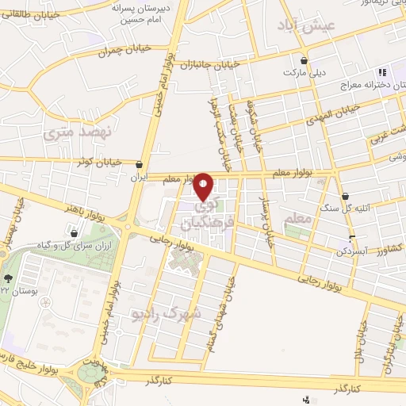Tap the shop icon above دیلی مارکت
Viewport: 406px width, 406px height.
click(x=305, y=59)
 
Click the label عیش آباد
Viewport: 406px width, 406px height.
click(x=308, y=26)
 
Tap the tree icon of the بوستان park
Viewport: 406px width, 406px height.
click(x=8, y=278)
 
